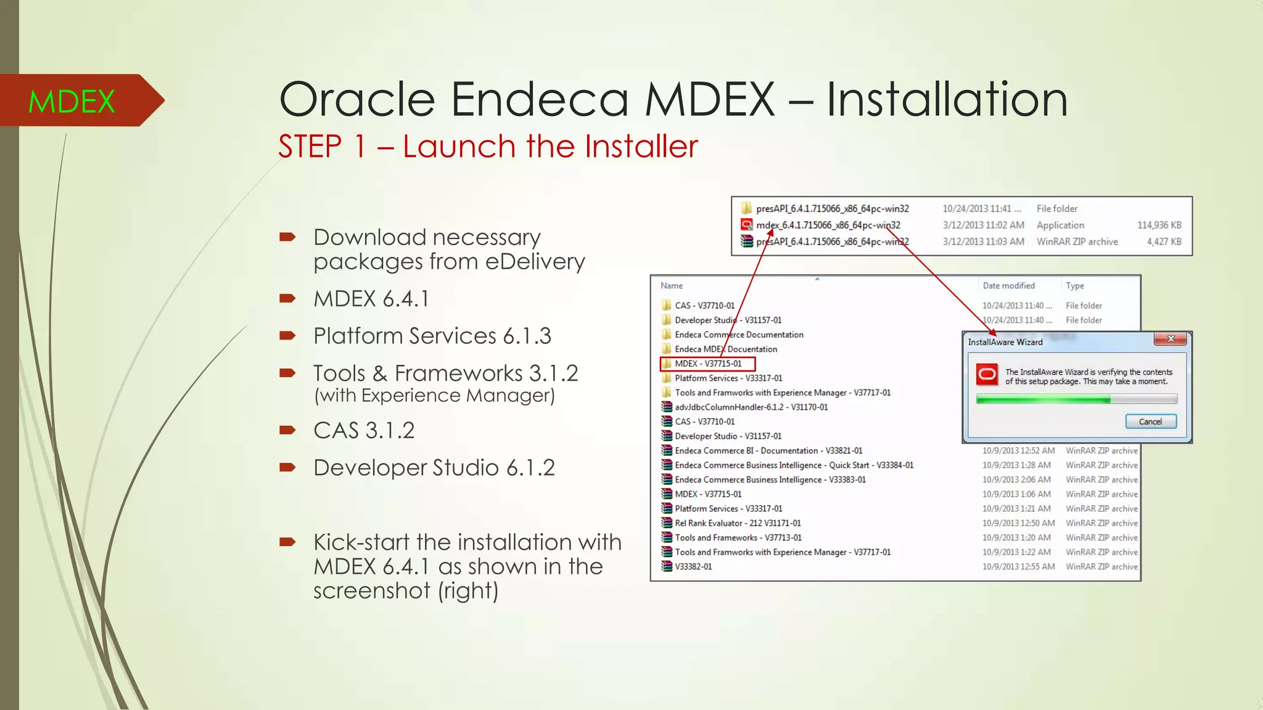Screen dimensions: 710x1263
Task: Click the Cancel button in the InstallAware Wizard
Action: [x=1150, y=422]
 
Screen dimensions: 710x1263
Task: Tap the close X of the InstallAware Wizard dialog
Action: [x=1170, y=339]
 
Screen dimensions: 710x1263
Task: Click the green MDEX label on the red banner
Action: [x=72, y=102]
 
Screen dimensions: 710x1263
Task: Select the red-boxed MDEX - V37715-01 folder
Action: [x=707, y=364]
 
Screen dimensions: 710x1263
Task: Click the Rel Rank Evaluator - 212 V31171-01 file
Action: [x=738, y=523]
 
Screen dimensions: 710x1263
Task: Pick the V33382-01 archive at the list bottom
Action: [x=693, y=567]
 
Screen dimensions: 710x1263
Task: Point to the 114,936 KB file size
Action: [x=1159, y=226]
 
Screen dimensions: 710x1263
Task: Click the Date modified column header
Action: [x=1008, y=286]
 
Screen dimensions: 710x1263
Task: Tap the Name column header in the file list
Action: [x=672, y=286]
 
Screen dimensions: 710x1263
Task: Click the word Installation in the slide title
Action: [x=947, y=100]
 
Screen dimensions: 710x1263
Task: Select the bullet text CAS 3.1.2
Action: [x=363, y=430]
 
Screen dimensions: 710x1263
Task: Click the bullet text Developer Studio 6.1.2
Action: [x=434, y=468]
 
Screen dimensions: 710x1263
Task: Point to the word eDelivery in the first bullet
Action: [x=535, y=262]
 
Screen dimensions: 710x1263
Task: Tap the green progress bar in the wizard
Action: [x=1043, y=400]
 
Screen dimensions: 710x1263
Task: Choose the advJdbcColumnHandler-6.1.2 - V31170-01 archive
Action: [x=751, y=407]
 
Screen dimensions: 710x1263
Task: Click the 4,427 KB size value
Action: [x=1164, y=242]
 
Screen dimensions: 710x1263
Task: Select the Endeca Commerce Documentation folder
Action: [x=738, y=335]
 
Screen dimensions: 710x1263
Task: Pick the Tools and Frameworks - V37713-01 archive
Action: [x=738, y=538]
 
